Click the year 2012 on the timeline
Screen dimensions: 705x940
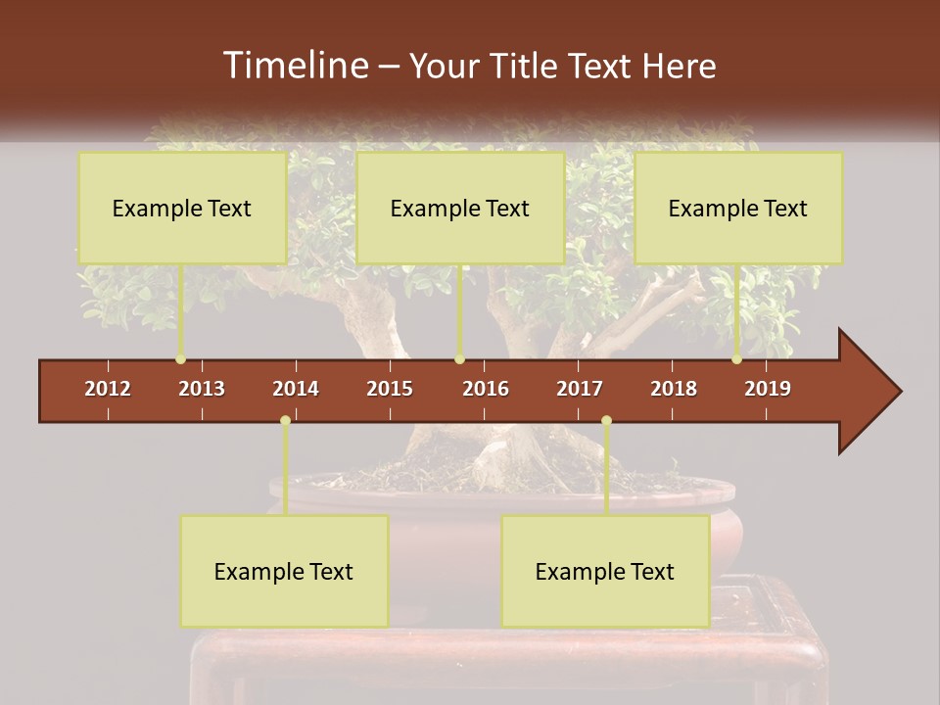(x=108, y=389)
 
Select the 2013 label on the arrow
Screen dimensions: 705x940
(x=202, y=389)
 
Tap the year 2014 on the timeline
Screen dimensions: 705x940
(x=296, y=389)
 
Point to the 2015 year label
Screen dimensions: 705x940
(x=390, y=389)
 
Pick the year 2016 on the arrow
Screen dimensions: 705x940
(x=486, y=389)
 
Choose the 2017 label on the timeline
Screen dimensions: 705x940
(x=580, y=389)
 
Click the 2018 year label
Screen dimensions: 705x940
(x=674, y=389)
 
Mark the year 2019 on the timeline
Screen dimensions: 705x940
(x=768, y=389)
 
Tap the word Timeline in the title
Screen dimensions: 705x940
(x=295, y=66)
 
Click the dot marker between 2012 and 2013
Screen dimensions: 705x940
(x=180, y=359)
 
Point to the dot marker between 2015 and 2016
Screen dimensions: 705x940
(x=459, y=359)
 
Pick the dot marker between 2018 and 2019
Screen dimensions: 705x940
(x=736, y=359)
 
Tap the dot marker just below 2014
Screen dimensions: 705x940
(x=285, y=421)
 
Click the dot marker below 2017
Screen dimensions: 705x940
(x=606, y=421)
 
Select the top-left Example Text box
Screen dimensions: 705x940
(x=182, y=208)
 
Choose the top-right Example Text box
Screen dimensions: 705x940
(x=738, y=208)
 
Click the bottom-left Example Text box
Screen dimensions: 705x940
(x=284, y=571)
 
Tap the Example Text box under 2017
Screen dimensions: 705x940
(x=605, y=571)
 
